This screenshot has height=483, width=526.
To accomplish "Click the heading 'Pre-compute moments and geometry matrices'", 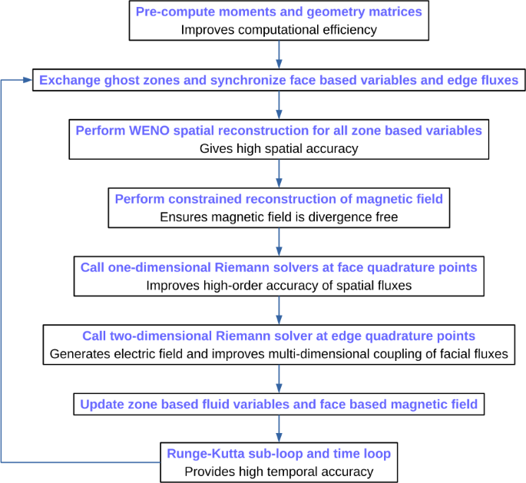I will (x=278, y=13).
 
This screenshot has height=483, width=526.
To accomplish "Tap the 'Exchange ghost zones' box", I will (x=278, y=79).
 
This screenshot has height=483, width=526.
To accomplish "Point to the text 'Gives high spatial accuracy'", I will (x=278, y=147).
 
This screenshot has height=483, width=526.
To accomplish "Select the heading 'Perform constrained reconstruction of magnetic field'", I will (x=278, y=200).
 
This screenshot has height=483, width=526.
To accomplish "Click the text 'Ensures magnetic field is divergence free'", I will (x=278, y=217).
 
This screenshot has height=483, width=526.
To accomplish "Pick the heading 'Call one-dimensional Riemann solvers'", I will (x=278, y=267).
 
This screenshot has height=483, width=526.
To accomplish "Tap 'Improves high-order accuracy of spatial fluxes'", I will (x=278, y=285).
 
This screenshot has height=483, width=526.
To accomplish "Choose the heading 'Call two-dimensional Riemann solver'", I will (x=278, y=336).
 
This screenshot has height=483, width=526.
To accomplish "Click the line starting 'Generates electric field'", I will (x=278, y=354).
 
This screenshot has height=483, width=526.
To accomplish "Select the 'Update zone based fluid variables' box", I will (x=278, y=403).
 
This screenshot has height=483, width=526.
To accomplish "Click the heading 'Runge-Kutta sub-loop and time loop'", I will (x=278, y=453).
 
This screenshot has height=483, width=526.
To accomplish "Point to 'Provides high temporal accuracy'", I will (x=278, y=471).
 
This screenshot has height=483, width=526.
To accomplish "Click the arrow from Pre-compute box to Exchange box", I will (x=278, y=55).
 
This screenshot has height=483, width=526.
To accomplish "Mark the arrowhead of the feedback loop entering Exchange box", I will (x=28, y=79).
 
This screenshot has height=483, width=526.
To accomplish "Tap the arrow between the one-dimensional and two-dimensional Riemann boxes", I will (x=278, y=310).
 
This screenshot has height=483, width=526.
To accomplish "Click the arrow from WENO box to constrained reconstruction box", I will (x=278, y=173).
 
